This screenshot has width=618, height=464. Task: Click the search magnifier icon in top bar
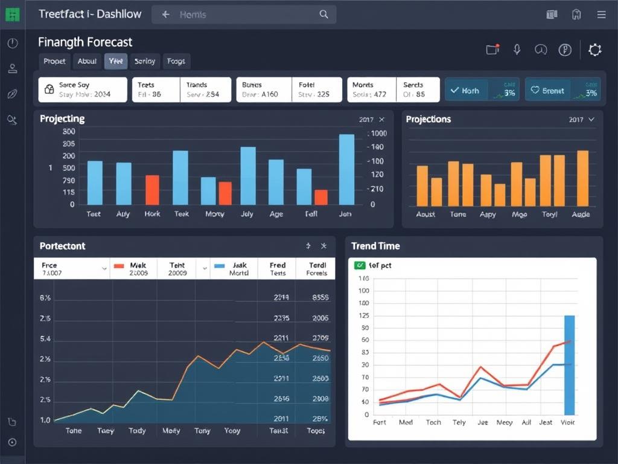pyautogui.click(x=323, y=14)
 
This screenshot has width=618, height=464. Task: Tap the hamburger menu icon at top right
pyautogui.click(x=600, y=14)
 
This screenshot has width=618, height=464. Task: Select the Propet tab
pyautogui.click(x=54, y=61)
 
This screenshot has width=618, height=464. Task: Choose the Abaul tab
pyautogui.click(x=87, y=61)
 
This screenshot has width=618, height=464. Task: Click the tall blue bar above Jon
pyautogui.click(x=346, y=169)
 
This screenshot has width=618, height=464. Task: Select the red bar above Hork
pyautogui.click(x=152, y=190)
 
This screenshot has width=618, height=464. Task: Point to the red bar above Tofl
pyautogui.click(x=321, y=197)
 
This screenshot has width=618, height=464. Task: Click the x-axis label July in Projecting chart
pyautogui.click(x=247, y=214)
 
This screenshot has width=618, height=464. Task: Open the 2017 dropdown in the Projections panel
pyautogui.click(x=581, y=120)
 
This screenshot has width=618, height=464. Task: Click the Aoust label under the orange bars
pyautogui.click(x=425, y=214)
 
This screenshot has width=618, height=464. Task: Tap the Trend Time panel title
pyautogui.click(x=375, y=246)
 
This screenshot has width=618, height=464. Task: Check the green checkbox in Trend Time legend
pyautogui.click(x=359, y=265)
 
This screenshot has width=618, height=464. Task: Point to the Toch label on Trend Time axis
pyautogui.click(x=433, y=422)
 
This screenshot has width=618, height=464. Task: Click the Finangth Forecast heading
pyautogui.click(x=85, y=42)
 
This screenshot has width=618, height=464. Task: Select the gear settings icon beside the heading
pyautogui.click(x=595, y=50)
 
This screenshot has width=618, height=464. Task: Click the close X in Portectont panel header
pyautogui.click(x=323, y=246)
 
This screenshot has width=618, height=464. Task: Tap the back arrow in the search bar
pyautogui.click(x=165, y=14)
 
